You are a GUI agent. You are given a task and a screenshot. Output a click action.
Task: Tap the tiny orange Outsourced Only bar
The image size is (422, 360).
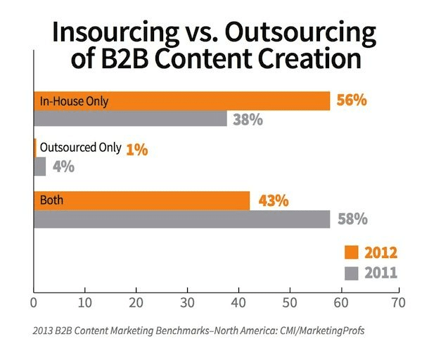click(x=35, y=148)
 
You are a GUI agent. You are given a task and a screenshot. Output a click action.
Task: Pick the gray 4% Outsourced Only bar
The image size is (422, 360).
click(x=40, y=167)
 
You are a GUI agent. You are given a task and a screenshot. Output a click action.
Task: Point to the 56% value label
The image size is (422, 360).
click(x=351, y=101)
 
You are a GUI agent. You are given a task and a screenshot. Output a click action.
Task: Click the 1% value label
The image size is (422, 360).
click(x=138, y=148)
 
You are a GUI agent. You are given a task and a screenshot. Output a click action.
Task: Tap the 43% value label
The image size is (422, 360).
click(x=273, y=200)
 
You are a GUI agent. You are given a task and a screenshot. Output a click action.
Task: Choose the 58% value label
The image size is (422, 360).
click(x=351, y=219)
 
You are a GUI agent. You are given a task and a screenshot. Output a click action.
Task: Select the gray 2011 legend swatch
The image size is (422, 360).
click(x=352, y=272)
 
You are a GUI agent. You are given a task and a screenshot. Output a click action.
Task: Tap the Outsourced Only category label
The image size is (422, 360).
click(x=80, y=148)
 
